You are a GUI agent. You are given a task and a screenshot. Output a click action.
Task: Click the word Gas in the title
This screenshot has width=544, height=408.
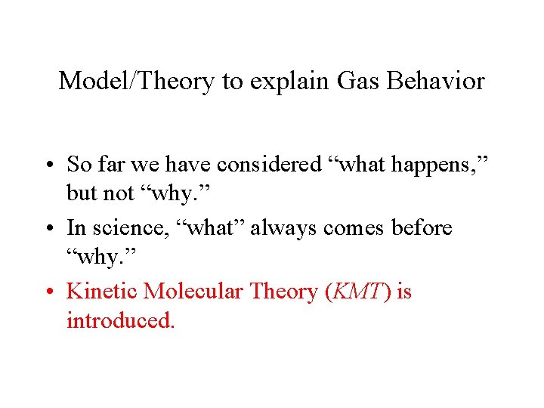tap(357, 81)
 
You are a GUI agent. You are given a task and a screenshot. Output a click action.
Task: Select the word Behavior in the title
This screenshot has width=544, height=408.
tap(435, 81)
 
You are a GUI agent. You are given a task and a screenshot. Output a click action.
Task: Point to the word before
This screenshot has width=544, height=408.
tap(419, 227)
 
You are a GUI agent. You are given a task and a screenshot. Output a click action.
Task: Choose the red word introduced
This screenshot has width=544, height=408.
tap(121, 320)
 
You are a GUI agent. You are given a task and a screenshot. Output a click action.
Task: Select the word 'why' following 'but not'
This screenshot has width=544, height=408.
tap(172, 193)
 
